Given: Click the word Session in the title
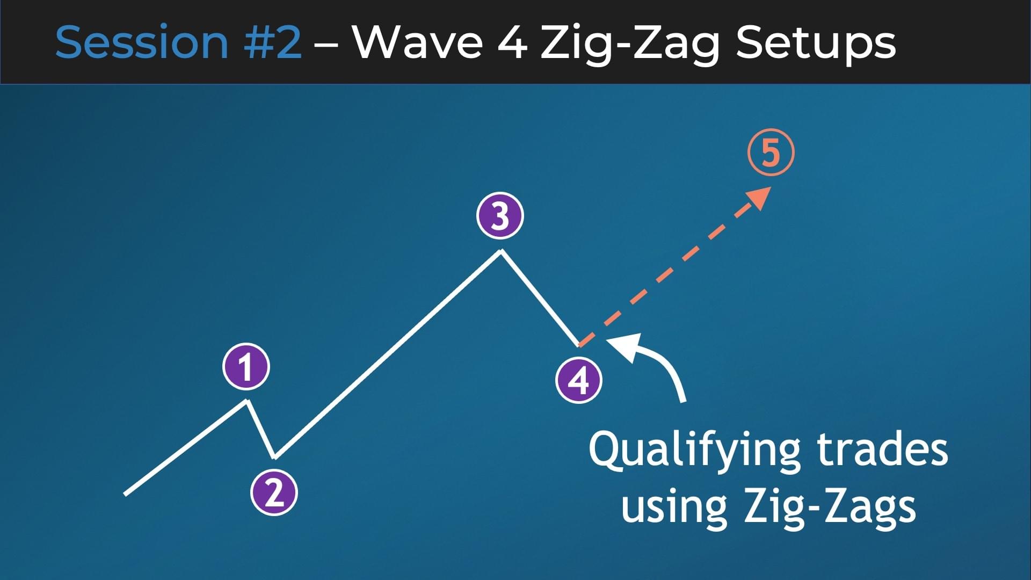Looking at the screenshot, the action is click(142, 42).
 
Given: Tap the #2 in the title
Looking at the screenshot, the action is click(272, 42).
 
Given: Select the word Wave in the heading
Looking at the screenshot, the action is click(418, 42).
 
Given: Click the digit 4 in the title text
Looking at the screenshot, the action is click(512, 42).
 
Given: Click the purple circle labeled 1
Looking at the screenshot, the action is click(246, 367).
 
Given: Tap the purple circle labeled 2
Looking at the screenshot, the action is click(274, 492).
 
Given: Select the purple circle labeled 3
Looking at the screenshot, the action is click(500, 216).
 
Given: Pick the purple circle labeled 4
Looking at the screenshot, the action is click(578, 380).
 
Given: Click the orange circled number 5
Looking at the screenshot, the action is click(771, 153).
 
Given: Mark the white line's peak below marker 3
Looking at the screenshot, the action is click(501, 251).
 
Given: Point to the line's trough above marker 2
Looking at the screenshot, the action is click(274, 458).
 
